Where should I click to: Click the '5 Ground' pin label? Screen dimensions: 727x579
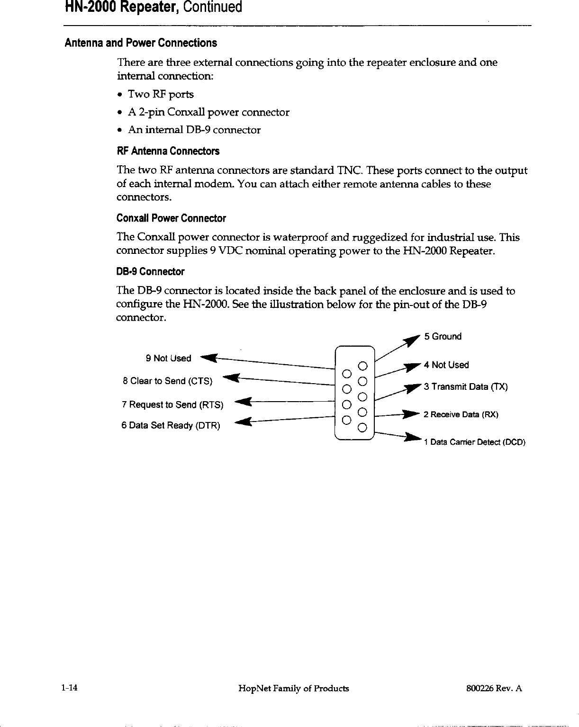(x=443, y=337)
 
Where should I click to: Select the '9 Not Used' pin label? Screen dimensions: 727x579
(x=168, y=359)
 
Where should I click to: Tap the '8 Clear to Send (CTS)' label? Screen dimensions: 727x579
(x=167, y=381)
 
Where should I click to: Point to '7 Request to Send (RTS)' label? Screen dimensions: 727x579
(x=172, y=405)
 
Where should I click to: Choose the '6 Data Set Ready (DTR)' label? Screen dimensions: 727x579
(x=171, y=426)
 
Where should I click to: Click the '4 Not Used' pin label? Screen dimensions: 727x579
(x=446, y=365)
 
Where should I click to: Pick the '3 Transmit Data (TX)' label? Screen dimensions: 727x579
(x=466, y=387)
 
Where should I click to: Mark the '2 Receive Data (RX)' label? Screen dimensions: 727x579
(x=460, y=415)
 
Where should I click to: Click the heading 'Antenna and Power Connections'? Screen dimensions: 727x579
(x=141, y=43)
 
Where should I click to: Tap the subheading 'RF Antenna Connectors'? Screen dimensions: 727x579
(x=168, y=152)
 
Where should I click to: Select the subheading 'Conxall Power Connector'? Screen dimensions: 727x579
(x=171, y=218)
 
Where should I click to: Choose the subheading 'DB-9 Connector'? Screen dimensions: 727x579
(x=150, y=272)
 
